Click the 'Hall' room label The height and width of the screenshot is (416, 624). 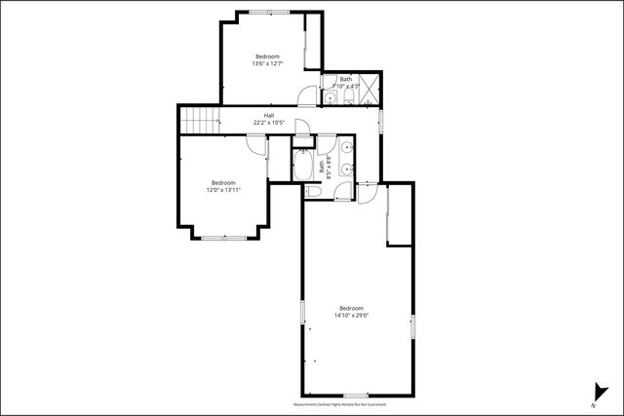268,115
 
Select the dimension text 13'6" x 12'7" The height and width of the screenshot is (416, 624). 267,64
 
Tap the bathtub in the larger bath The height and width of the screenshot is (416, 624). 302,166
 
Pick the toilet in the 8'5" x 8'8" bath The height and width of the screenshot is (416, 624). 313,191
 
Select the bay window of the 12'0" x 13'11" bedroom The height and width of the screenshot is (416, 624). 223,237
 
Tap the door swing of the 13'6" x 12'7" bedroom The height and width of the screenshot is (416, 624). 308,96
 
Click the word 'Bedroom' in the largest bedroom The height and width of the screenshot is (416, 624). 351,308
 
